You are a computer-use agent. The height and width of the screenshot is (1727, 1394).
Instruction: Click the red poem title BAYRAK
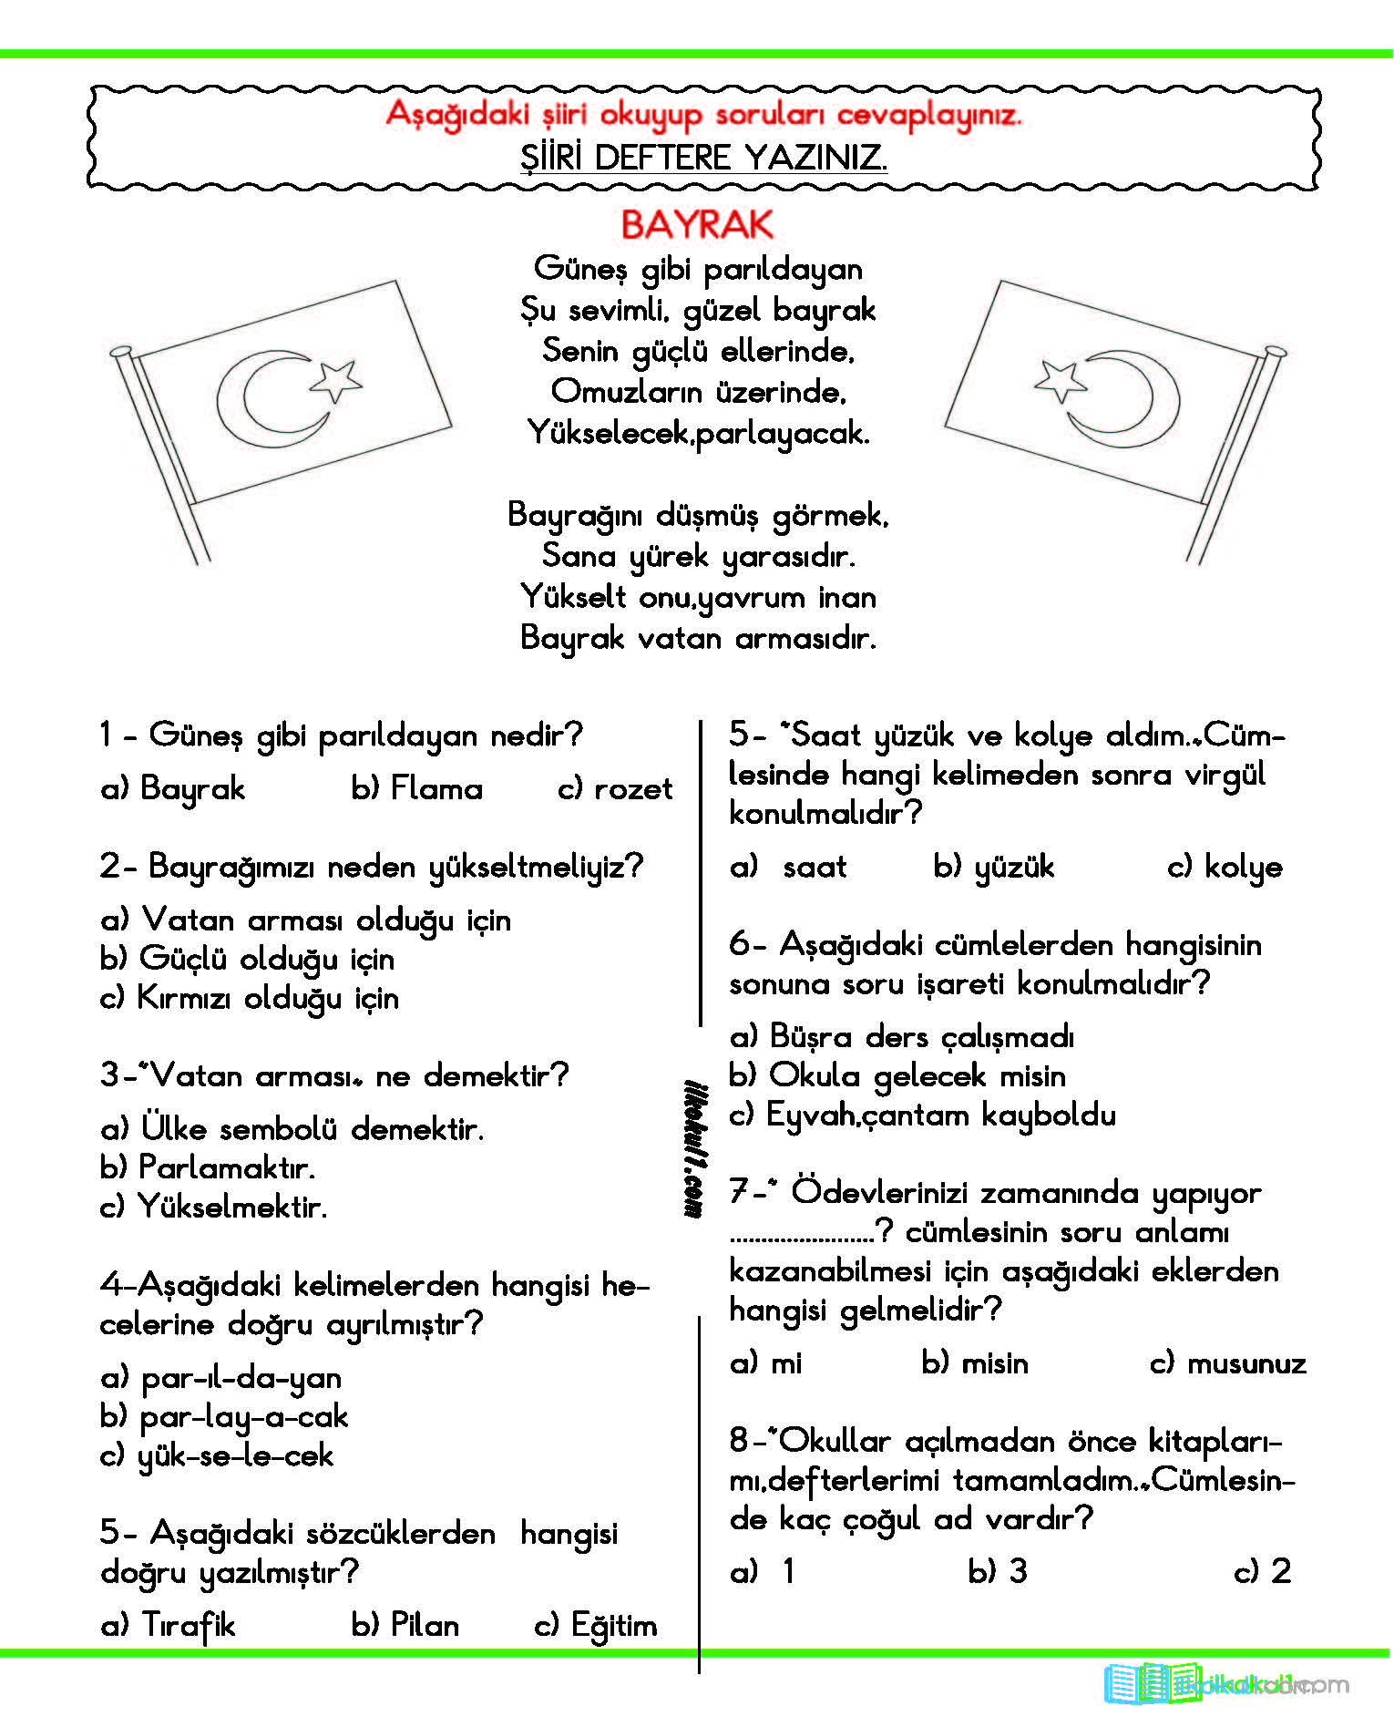697,224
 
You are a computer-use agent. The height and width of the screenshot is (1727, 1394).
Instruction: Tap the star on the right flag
1061,379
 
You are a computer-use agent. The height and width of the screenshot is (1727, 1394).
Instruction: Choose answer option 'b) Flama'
416,788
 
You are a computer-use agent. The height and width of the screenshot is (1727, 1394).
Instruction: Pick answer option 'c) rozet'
615,788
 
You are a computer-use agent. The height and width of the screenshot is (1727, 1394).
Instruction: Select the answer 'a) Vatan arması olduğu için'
305,920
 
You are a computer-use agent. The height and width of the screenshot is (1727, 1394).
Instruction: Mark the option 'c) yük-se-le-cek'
217,1455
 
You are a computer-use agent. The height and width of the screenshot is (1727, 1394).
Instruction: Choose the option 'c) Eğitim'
596,1625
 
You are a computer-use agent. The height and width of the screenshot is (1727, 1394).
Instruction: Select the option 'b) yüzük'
993,867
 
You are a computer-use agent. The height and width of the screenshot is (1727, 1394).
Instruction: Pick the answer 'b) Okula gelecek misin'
897,1075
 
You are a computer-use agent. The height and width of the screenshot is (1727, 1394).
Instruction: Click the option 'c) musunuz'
1227,1362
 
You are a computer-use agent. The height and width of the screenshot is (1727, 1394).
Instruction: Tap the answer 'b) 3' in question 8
998,1571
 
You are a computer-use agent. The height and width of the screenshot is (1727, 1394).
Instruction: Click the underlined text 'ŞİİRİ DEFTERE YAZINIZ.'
703,158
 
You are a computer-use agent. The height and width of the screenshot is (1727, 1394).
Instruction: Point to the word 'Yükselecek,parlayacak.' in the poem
698,433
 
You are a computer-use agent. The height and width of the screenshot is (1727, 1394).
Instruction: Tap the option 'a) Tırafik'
168,1625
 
